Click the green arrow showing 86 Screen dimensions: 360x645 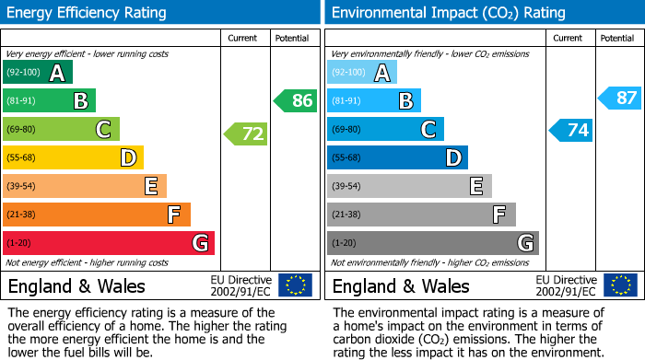pos(296,100)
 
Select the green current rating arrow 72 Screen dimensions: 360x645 pos(246,134)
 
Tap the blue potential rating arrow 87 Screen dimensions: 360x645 pos(620,98)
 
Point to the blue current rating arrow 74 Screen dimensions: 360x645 pos(571,130)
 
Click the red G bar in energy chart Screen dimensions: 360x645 pos(109,243)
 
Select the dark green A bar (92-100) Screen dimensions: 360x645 pos(38,73)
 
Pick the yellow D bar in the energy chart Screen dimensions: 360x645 pos(74,157)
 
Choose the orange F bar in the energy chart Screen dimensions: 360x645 pos(97,215)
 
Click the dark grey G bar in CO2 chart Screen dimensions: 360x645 pos(433,243)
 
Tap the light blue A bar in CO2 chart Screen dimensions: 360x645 pos(362,73)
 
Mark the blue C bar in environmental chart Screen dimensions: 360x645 pos(385,130)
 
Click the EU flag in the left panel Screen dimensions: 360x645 pos(295,285)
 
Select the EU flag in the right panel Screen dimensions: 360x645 pos(619,285)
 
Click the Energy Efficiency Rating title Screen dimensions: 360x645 pos(88,13)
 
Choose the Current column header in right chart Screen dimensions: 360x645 pos(569,38)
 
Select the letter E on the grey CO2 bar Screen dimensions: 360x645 pos(476,186)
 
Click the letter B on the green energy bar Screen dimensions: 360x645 pos(80,101)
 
